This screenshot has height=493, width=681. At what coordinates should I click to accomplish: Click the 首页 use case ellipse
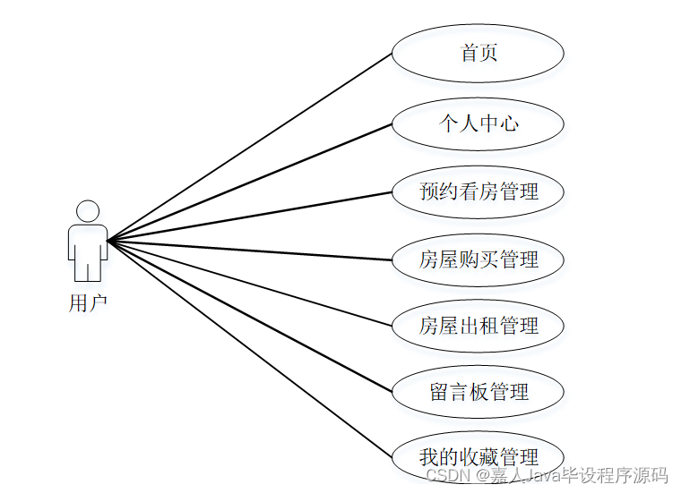pyautogui.click(x=478, y=54)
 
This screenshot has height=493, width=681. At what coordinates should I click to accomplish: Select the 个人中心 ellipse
pyautogui.click(x=478, y=123)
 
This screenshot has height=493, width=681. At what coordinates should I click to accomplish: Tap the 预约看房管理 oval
pyautogui.click(x=478, y=191)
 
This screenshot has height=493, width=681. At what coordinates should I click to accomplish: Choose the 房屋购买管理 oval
pyautogui.click(x=478, y=259)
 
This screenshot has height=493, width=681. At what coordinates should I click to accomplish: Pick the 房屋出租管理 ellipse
pyautogui.click(x=478, y=326)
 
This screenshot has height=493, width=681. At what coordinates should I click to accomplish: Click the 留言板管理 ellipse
pyautogui.click(x=478, y=392)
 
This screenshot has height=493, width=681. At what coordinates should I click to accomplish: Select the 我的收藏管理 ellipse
pyautogui.click(x=478, y=457)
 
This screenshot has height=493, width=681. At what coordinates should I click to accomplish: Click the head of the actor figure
pyautogui.click(x=88, y=211)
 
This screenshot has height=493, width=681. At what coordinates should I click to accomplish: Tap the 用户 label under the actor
pyautogui.click(x=88, y=303)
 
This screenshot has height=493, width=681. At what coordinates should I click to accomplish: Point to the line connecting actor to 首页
pyautogui.click(x=250, y=147)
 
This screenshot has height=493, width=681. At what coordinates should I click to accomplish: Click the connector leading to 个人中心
pyautogui.click(x=250, y=183)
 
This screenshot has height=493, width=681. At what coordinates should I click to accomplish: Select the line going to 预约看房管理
pyautogui.click(x=250, y=216)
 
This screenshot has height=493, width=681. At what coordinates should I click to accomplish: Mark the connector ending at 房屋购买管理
pyautogui.click(x=250, y=251)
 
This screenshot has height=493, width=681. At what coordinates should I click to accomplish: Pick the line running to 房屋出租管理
pyautogui.click(x=250, y=284)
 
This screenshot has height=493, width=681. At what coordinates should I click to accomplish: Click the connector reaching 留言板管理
pyautogui.click(x=250, y=316)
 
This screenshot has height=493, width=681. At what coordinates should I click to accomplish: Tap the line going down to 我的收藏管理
pyautogui.click(x=250, y=349)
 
